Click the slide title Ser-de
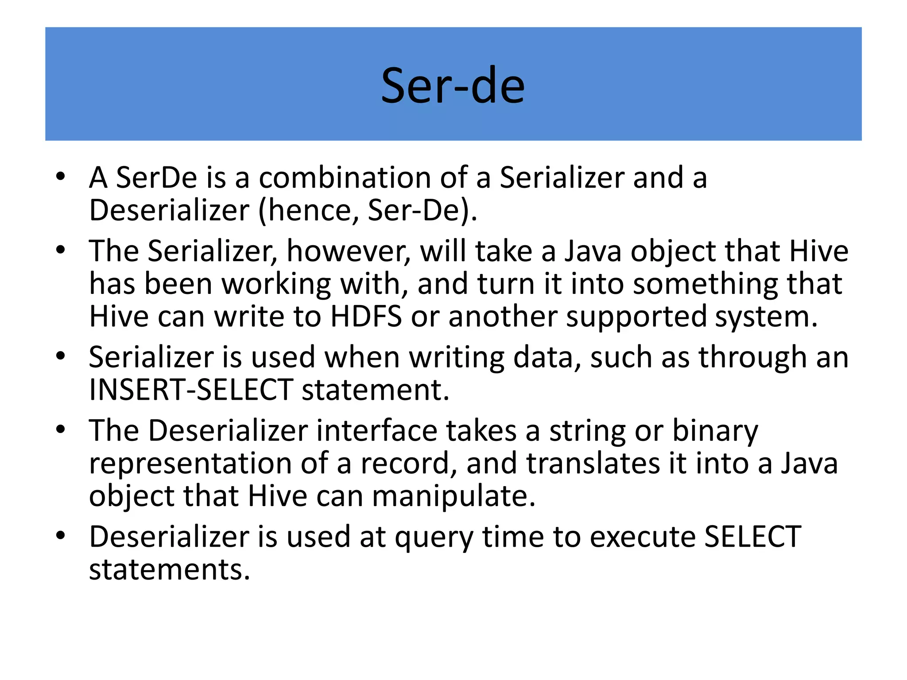[453, 85]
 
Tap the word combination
[345, 178]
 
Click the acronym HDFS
[366, 317]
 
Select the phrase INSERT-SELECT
[191, 390]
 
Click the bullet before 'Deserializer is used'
[61, 536]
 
